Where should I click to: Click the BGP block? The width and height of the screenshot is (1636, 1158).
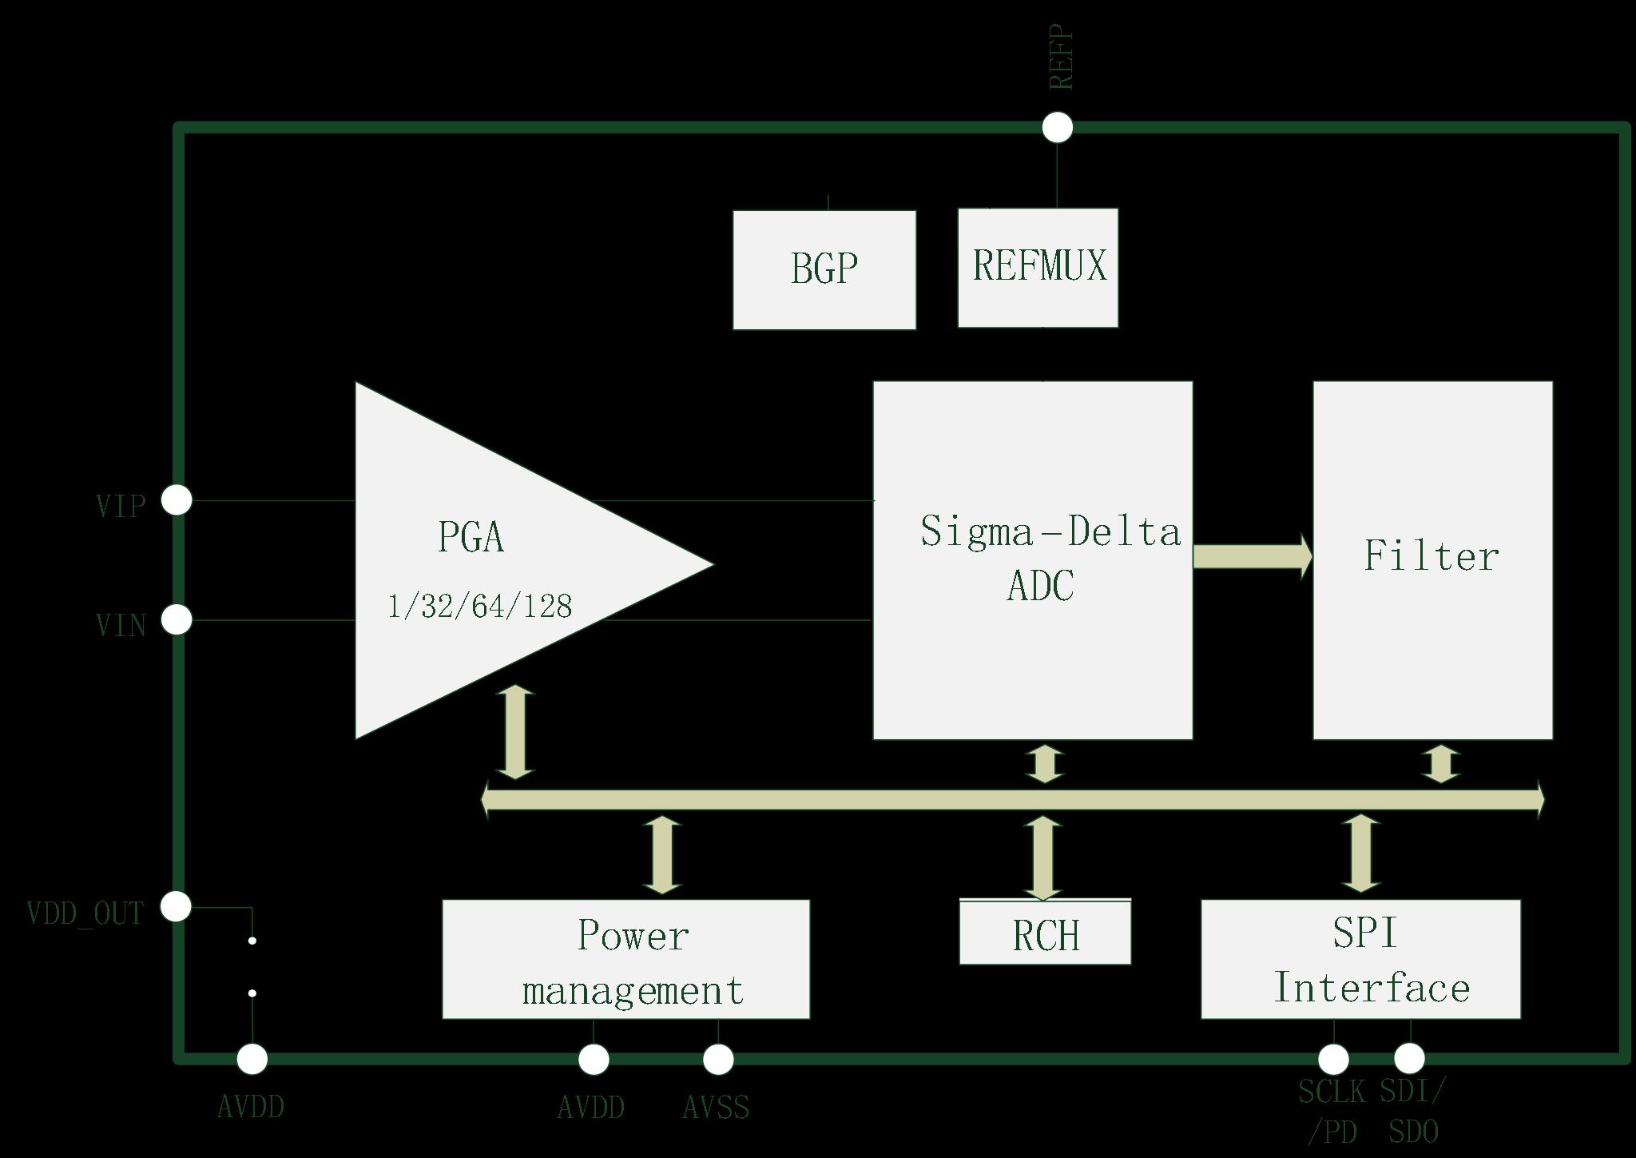[x=824, y=269]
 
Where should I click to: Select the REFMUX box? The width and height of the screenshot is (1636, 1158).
[x=1038, y=268]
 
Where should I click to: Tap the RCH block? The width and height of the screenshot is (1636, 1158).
[x=1045, y=933]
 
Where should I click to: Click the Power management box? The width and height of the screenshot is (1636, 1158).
[x=625, y=960]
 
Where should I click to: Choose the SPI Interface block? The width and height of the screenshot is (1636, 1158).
[x=1360, y=960]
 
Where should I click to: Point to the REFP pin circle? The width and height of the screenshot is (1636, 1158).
[x=1058, y=127]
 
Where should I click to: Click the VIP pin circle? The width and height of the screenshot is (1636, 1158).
[x=177, y=500]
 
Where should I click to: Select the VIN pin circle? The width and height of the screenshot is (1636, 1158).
[x=177, y=619]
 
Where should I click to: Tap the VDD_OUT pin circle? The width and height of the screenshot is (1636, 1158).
[x=177, y=906]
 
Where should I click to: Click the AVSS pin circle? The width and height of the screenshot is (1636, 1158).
[x=718, y=1059]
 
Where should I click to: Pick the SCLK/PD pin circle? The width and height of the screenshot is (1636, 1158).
[x=1332, y=1059]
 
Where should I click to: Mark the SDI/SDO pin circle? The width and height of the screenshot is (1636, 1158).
[x=1409, y=1058]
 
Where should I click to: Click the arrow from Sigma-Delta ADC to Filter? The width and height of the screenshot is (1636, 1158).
[x=1252, y=555]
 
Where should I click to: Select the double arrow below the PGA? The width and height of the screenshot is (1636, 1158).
[x=515, y=731]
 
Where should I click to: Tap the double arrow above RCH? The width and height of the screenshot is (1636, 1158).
[x=1043, y=858]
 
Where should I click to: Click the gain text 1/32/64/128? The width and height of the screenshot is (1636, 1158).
[x=479, y=607]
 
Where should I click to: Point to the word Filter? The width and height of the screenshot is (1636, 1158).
[x=1431, y=556]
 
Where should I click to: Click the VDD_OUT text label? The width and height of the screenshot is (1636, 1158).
[x=85, y=913]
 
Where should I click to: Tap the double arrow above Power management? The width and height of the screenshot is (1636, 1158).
[x=662, y=855]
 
